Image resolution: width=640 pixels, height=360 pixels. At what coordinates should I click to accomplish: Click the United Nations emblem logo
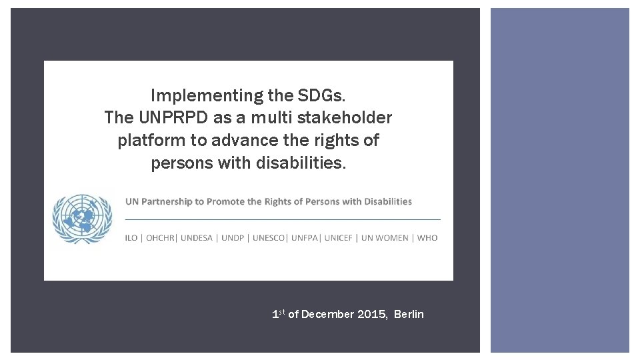coord(83,219)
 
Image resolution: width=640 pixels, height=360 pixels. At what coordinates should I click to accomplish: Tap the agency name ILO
coord(131,238)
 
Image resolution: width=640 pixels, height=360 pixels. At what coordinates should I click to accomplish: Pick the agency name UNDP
coord(233,238)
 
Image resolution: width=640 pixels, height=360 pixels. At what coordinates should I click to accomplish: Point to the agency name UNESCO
coord(270,238)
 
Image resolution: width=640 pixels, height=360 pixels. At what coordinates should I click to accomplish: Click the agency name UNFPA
coord(306,238)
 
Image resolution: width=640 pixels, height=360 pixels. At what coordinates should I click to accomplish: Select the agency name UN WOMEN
coord(385,238)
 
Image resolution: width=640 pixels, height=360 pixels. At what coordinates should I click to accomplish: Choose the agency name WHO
coord(427,238)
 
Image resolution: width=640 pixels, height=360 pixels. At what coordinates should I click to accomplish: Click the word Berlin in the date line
coord(409,315)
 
